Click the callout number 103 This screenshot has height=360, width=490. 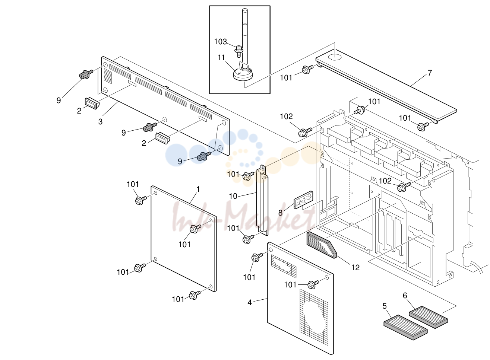(x=220, y=42)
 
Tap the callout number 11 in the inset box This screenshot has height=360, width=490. (x=221, y=58)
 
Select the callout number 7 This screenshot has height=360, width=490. (x=430, y=73)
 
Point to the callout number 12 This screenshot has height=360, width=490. (x=355, y=268)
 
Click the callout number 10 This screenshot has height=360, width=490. (x=233, y=196)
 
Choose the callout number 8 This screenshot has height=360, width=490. (x=280, y=213)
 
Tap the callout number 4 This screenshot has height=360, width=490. (x=250, y=303)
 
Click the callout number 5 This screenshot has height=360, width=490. (x=385, y=306)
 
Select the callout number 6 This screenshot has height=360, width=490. (x=405, y=296)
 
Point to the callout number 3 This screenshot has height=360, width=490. (x=100, y=121)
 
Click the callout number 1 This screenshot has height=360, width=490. (x=198, y=189)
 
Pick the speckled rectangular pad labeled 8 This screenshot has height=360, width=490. (x=303, y=200)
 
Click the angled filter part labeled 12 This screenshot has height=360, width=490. (x=322, y=245)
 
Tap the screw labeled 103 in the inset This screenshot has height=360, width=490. (x=239, y=51)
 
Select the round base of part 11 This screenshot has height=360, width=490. (x=243, y=74)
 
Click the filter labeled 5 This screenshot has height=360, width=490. (x=405, y=327)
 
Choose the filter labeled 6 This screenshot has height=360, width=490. (x=428, y=317)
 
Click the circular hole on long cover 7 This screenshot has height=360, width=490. (x=335, y=57)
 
